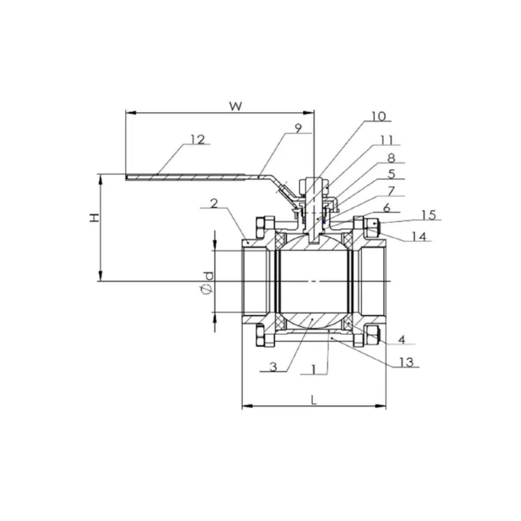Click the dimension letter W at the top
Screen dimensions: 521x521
(236, 106)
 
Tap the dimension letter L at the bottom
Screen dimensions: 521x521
(313, 400)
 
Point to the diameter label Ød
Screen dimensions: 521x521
(207, 283)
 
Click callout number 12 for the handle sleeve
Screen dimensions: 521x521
(198, 139)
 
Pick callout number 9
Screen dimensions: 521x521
(298, 128)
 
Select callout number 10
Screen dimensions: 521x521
(378, 116)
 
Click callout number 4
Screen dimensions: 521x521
(401, 340)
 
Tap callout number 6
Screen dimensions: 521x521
(386, 208)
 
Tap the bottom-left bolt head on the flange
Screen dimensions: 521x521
(259, 336)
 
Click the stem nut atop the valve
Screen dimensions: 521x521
(313, 183)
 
